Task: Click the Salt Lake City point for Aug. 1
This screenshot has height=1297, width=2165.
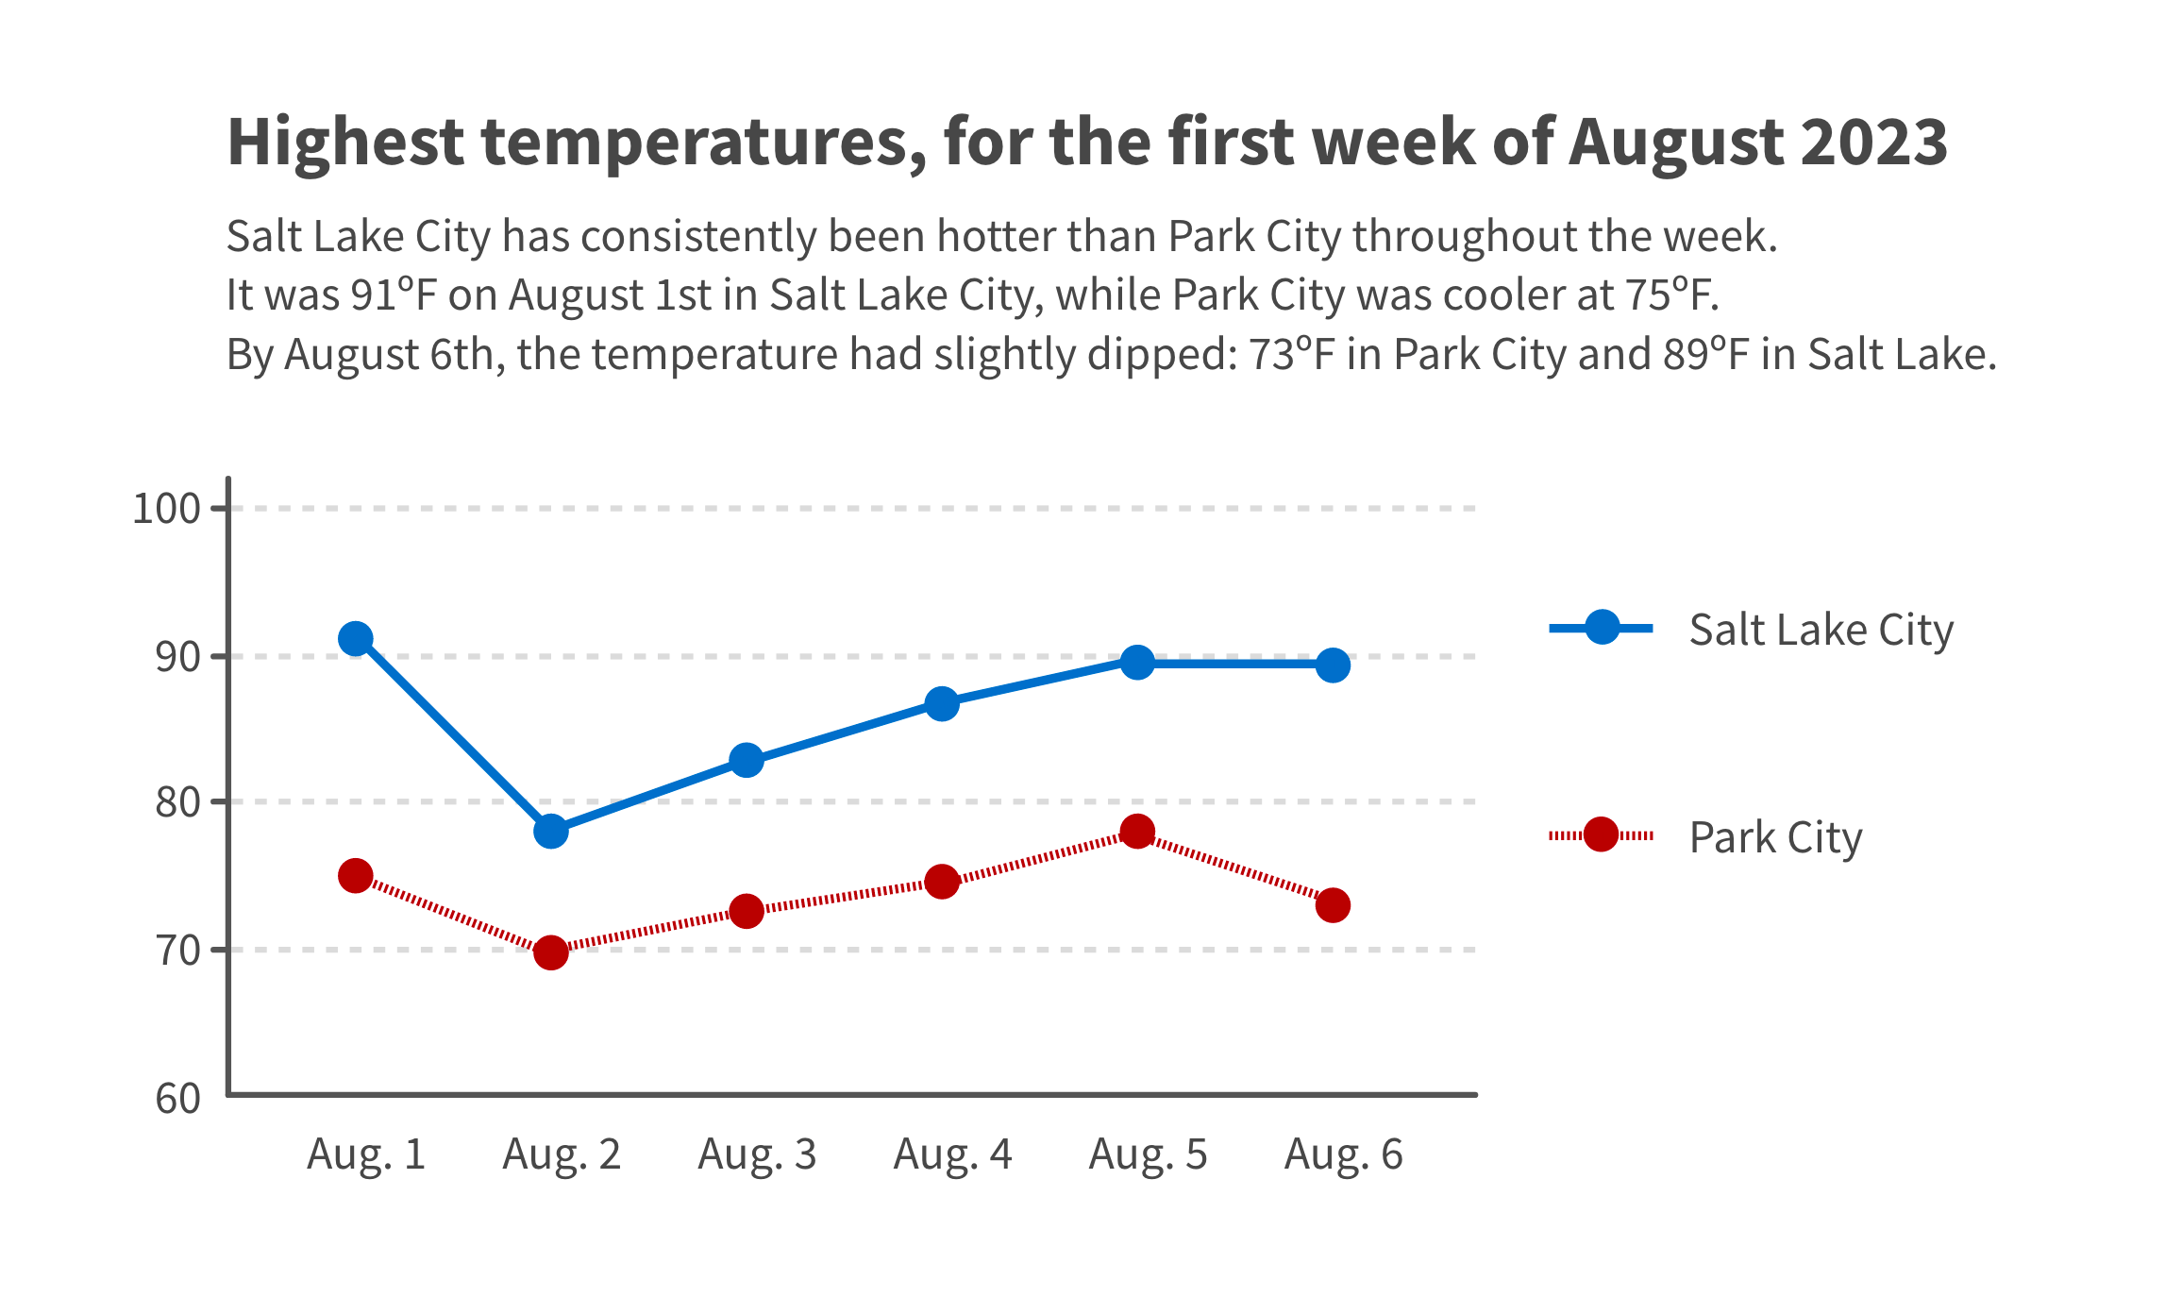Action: (x=355, y=639)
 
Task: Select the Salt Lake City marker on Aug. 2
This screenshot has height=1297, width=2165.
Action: (x=550, y=832)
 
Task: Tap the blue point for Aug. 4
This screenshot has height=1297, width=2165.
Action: (x=942, y=703)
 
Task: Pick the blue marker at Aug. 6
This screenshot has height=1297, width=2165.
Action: (x=1333, y=665)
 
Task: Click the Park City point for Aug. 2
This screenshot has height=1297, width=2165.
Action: (x=550, y=952)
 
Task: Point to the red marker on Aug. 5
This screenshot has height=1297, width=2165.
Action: (x=1137, y=832)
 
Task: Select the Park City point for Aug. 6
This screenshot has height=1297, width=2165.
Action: (x=1333, y=905)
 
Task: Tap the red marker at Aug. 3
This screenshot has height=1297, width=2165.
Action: (x=747, y=911)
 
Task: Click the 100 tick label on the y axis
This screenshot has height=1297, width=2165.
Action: (x=166, y=509)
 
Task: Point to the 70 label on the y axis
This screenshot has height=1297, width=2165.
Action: (x=178, y=951)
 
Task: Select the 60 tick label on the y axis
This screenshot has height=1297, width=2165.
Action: (x=178, y=1099)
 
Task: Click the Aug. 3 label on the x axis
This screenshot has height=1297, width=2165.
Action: (x=757, y=1154)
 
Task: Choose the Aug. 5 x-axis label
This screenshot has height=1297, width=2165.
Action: (x=1148, y=1154)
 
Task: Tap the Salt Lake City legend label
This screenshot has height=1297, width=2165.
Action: (x=1821, y=630)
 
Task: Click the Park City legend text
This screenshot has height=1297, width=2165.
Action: (x=1775, y=837)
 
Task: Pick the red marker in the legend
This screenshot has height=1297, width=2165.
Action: (x=1601, y=834)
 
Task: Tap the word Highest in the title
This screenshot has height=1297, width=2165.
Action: (x=345, y=142)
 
